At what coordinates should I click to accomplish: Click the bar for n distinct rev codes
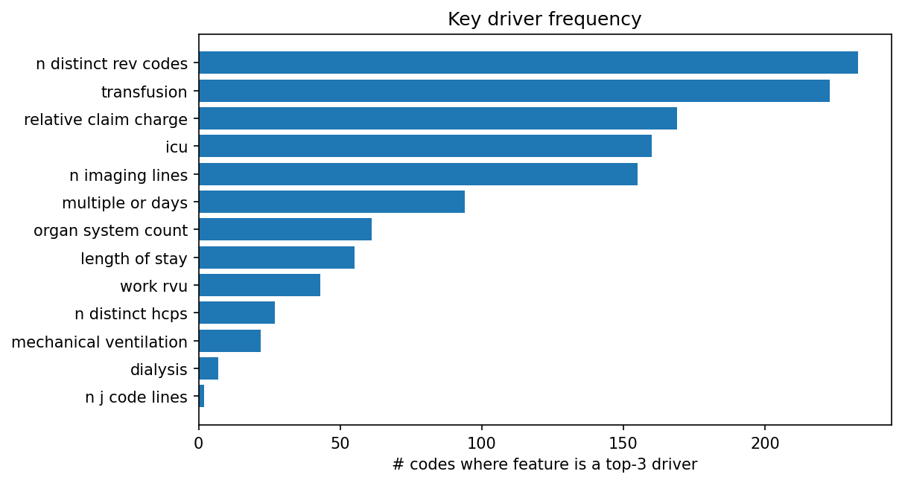click(528, 63)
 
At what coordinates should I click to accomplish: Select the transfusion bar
click(514, 91)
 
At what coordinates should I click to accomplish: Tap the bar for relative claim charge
click(438, 119)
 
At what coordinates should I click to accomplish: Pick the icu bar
click(425, 147)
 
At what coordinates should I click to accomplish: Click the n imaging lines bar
click(418, 174)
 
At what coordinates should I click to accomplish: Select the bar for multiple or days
click(331, 202)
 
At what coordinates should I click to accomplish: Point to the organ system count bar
click(285, 230)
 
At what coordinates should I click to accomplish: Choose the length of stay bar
click(276, 258)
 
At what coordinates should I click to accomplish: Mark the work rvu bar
click(259, 286)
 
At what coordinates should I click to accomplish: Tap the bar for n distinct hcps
click(237, 313)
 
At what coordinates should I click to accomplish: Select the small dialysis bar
click(209, 369)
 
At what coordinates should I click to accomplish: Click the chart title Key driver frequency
click(544, 19)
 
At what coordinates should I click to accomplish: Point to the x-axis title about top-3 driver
click(544, 465)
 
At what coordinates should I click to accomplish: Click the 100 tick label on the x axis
click(482, 441)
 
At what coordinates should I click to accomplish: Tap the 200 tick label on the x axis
click(765, 441)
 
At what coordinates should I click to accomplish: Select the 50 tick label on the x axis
click(340, 441)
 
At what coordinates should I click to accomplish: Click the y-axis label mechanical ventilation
click(100, 342)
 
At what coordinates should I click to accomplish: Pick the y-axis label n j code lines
click(136, 397)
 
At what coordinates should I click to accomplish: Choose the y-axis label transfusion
click(144, 92)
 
